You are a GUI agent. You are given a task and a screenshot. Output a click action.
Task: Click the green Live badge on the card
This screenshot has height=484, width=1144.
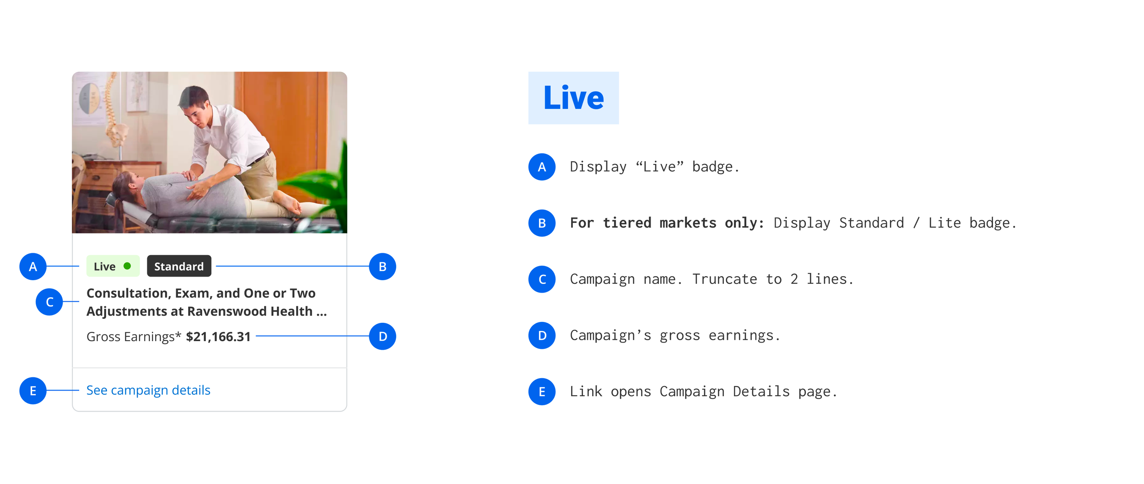pos(113,266)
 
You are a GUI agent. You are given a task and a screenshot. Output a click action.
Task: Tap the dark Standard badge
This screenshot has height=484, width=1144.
pos(179,266)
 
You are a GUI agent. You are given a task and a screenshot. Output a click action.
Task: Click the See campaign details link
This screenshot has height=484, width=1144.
pos(148,390)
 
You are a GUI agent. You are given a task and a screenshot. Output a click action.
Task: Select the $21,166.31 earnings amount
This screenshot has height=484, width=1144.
pos(218,337)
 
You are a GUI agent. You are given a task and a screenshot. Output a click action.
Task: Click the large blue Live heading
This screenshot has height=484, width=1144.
pos(573,98)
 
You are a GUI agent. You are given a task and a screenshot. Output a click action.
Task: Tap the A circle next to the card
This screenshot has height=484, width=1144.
pos(33,266)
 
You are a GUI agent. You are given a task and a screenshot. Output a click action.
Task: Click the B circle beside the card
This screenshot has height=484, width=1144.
pos(382,266)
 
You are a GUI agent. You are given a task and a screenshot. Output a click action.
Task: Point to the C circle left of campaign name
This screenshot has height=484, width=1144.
pos(49,302)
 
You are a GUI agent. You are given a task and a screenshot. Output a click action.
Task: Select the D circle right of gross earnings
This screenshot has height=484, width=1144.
pos(382,336)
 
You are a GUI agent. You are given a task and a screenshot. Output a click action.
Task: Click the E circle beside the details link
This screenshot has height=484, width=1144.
pos(33,391)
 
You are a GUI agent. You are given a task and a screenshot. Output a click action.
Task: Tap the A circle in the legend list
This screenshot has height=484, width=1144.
pos(542,167)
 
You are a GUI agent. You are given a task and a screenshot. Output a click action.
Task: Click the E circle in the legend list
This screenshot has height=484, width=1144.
pos(542,392)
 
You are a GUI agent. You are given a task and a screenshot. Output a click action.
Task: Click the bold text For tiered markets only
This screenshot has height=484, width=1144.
pos(666,223)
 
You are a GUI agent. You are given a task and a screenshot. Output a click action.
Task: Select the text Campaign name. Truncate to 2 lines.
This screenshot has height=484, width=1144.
pos(711,279)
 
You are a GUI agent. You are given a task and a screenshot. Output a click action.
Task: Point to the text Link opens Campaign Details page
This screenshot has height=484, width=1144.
pos(703,392)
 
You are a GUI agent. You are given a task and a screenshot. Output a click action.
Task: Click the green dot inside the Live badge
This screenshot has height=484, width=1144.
pos(127,266)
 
